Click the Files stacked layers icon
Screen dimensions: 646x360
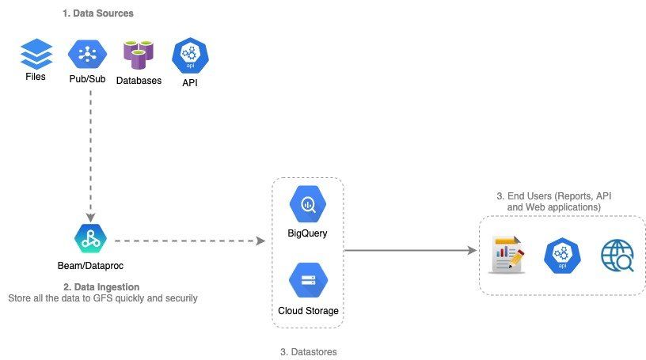pyautogui.click(x=36, y=54)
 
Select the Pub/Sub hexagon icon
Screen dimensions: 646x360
pyautogui.click(x=87, y=54)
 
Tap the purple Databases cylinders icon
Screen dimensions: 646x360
pyautogui.click(x=139, y=55)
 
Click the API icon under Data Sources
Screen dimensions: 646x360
pyautogui.click(x=190, y=55)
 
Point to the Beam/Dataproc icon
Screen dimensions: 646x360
pyautogui.click(x=90, y=238)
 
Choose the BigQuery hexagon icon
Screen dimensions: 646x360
pyautogui.click(x=308, y=204)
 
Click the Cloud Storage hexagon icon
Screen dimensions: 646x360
pyautogui.click(x=308, y=280)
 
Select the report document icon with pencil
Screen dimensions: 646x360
pyautogui.click(x=507, y=255)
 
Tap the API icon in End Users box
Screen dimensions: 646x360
pyautogui.click(x=562, y=256)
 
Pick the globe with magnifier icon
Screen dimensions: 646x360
pyautogui.click(x=617, y=256)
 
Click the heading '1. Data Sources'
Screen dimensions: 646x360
pyautogui.click(x=98, y=13)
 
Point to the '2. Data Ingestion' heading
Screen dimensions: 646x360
pyautogui.click(x=101, y=286)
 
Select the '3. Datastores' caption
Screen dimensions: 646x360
pyautogui.click(x=309, y=352)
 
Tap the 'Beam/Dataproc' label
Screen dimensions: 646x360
pyautogui.click(x=90, y=266)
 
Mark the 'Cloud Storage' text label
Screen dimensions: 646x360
pyautogui.click(x=308, y=311)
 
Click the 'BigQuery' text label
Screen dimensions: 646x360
pyautogui.click(x=307, y=233)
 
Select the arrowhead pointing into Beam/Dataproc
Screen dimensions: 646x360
pyautogui.click(x=90, y=218)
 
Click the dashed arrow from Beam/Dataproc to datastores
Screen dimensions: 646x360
pyautogui.click(x=190, y=241)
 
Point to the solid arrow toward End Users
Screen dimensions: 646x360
pyautogui.click(x=410, y=250)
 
